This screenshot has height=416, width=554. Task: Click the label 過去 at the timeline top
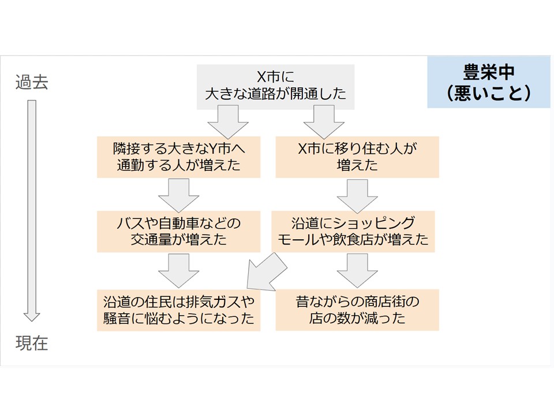(32, 83)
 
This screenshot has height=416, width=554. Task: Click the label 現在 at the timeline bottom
(32, 345)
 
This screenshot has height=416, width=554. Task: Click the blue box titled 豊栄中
(488, 83)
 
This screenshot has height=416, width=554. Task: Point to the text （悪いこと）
(488, 93)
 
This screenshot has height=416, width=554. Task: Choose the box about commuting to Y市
(178, 157)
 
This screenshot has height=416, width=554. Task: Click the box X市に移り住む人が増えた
(357, 157)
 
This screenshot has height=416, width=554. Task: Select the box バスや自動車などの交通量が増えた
(178, 232)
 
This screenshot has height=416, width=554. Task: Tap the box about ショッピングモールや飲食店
(353, 232)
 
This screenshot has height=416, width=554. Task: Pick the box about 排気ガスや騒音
(178, 310)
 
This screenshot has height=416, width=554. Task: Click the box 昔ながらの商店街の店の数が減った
(357, 310)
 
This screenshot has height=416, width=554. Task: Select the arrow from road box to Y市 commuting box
(227, 122)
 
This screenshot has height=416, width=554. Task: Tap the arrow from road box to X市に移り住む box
(324, 122)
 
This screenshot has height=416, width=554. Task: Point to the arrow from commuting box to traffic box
(179, 195)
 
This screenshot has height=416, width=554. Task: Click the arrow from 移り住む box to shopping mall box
(357, 195)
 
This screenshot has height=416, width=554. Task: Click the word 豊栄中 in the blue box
(488, 72)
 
